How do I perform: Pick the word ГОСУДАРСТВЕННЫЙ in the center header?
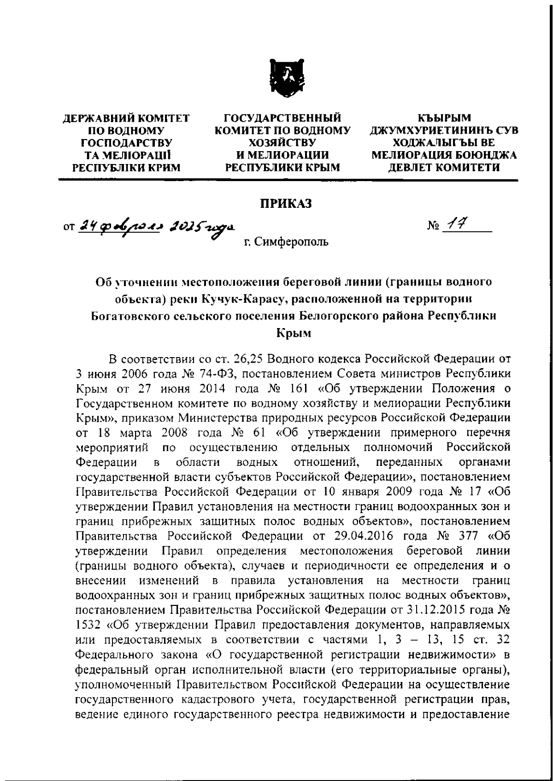click(282, 118)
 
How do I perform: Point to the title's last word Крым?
click(294, 333)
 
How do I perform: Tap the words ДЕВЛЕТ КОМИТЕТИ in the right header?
click(444, 168)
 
